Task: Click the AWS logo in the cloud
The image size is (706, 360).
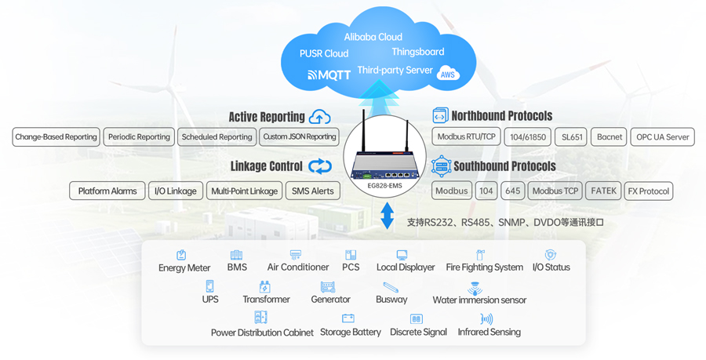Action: point(448,75)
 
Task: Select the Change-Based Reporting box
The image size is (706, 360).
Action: point(56,136)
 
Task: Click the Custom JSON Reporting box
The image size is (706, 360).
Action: point(299,136)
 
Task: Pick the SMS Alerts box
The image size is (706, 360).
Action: point(312,191)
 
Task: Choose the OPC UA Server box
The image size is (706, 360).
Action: point(663,136)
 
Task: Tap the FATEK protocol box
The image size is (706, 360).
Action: point(603,191)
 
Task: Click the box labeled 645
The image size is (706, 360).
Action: point(512,191)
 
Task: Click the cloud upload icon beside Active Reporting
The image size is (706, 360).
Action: point(319,117)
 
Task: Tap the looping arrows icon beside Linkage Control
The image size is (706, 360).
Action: point(320,166)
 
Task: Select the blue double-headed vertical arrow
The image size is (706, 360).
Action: point(387,216)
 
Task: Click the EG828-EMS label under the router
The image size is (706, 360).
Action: point(384,186)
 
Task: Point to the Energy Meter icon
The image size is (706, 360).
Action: point(181,255)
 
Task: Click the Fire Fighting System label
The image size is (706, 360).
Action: point(484,267)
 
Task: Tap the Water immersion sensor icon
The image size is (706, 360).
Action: point(475,288)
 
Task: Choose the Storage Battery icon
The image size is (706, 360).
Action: point(348,318)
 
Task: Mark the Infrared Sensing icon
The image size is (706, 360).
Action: point(486,319)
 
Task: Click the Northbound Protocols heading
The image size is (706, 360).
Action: point(502,116)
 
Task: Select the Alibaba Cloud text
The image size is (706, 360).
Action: point(373,37)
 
